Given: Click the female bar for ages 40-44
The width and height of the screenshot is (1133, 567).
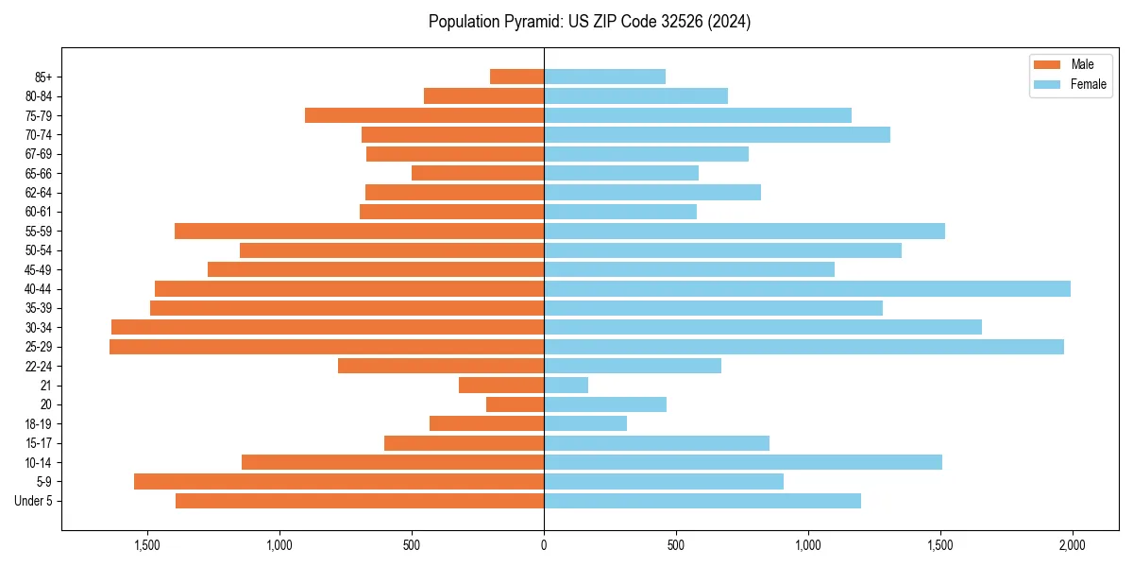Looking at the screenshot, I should (x=807, y=288).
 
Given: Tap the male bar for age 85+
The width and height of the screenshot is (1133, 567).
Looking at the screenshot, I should (x=516, y=77).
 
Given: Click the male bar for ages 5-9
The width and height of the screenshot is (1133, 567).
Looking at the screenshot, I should (x=339, y=481).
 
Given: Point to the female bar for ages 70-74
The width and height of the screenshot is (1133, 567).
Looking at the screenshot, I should (x=717, y=134).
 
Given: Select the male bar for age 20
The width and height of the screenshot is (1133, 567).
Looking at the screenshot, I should (x=515, y=404).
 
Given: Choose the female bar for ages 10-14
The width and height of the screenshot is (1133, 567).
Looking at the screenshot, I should (x=743, y=462).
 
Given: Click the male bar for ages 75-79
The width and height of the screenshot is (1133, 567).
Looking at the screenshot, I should (x=424, y=115).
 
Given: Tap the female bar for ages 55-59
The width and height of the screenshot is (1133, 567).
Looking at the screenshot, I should (x=744, y=231).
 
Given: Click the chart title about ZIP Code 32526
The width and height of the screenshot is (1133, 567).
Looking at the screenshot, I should (x=589, y=22).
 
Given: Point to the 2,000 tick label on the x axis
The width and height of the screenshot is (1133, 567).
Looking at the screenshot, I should (x=1072, y=546).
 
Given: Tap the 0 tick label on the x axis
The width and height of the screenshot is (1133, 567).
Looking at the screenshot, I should (x=544, y=546).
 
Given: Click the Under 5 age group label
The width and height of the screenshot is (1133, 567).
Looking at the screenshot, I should (x=34, y=501).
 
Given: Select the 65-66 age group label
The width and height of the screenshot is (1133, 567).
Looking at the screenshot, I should (x=39, y=173).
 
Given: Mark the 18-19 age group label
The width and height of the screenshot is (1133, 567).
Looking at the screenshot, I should (x=39, y=424).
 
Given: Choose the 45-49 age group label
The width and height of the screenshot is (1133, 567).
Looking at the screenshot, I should (x=39, y=269).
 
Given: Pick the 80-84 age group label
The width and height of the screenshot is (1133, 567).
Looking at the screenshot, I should (x=39, y=96).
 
